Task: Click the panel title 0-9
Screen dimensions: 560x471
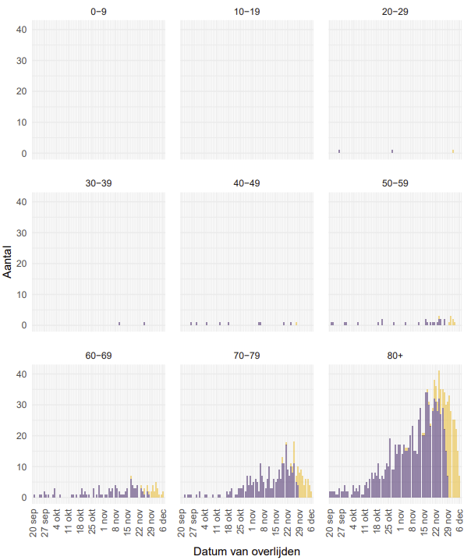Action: (x=98, y=12)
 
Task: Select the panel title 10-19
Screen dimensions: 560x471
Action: (x=246, y=12)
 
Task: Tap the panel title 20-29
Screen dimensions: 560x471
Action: (x=394, y=12)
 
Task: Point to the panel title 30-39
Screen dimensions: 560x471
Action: (x=98, y=183)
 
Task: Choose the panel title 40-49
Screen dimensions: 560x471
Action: (x=246, y=183)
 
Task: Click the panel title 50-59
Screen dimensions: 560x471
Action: (x=394, y=183)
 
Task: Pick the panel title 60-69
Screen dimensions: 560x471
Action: (x=98, y=356)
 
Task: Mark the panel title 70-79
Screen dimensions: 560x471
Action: (x=246, y=356)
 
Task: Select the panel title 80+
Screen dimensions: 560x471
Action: (x=394, y=356)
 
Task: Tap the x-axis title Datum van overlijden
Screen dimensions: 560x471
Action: (x=246, y=551)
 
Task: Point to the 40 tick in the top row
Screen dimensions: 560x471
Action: (x=22, y=30)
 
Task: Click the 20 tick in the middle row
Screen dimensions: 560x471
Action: (x=22, y=264)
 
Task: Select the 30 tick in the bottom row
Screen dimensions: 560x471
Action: (x=22, y=405)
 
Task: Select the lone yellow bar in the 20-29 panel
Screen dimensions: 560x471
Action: (x=452, y=151)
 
